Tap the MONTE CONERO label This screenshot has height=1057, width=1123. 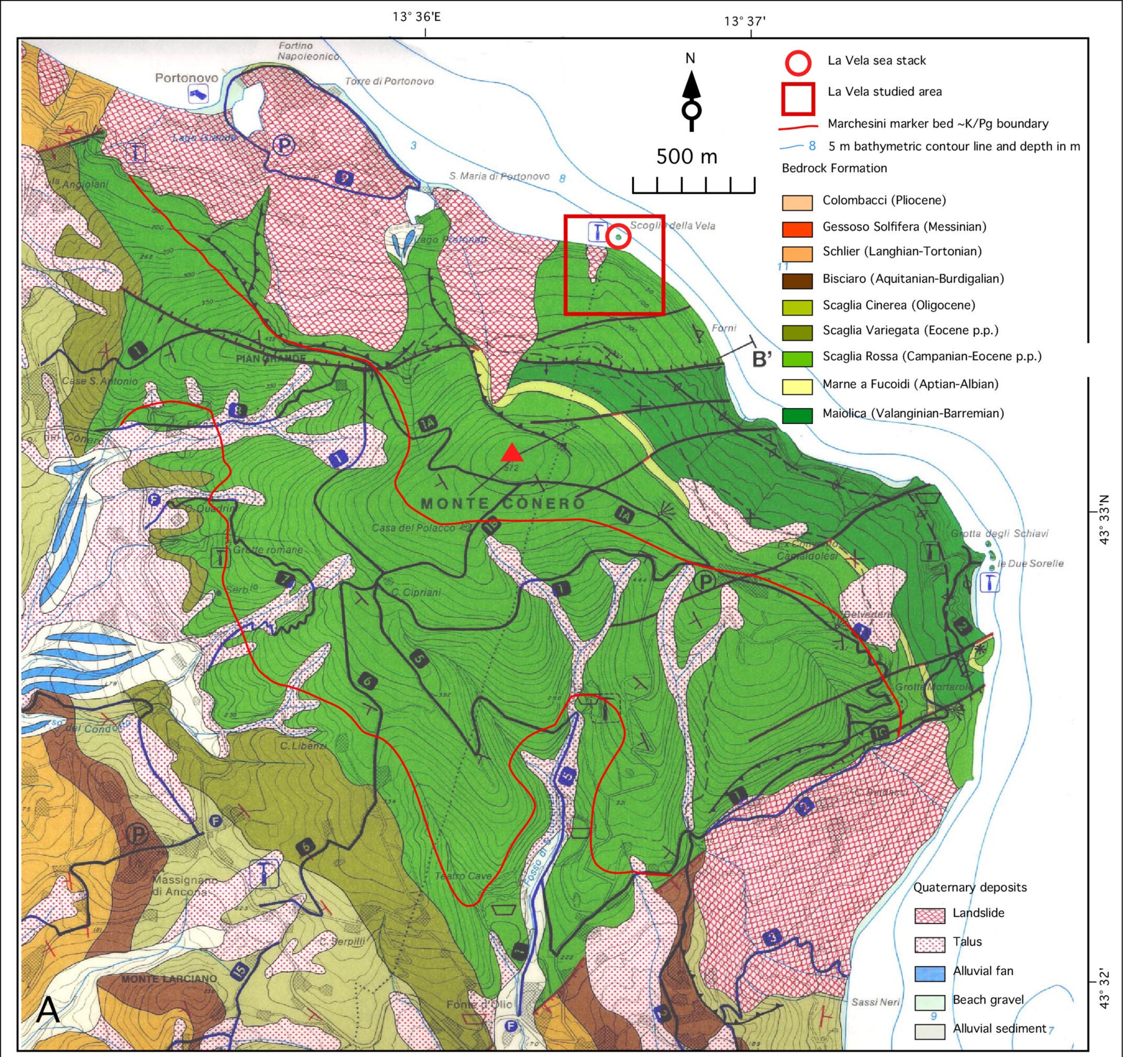pyautogui.click(x=503, y=503)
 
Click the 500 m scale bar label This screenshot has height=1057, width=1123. pyautogui.click(x=686, y=157)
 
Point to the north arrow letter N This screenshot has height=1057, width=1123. pyautogui.click(x=690, y=58)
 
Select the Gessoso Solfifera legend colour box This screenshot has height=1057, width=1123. pyautogui.click(x=797, y=228)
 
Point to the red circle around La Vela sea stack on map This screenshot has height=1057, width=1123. pyautogui.click(x=618, y=237)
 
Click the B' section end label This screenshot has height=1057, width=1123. pyautogui.click(x=762, y=359)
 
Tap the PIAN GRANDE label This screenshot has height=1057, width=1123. pyautogui.click(x=271, y=358)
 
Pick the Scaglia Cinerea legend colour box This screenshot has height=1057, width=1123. pyautogui.click(x=797, y=307)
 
